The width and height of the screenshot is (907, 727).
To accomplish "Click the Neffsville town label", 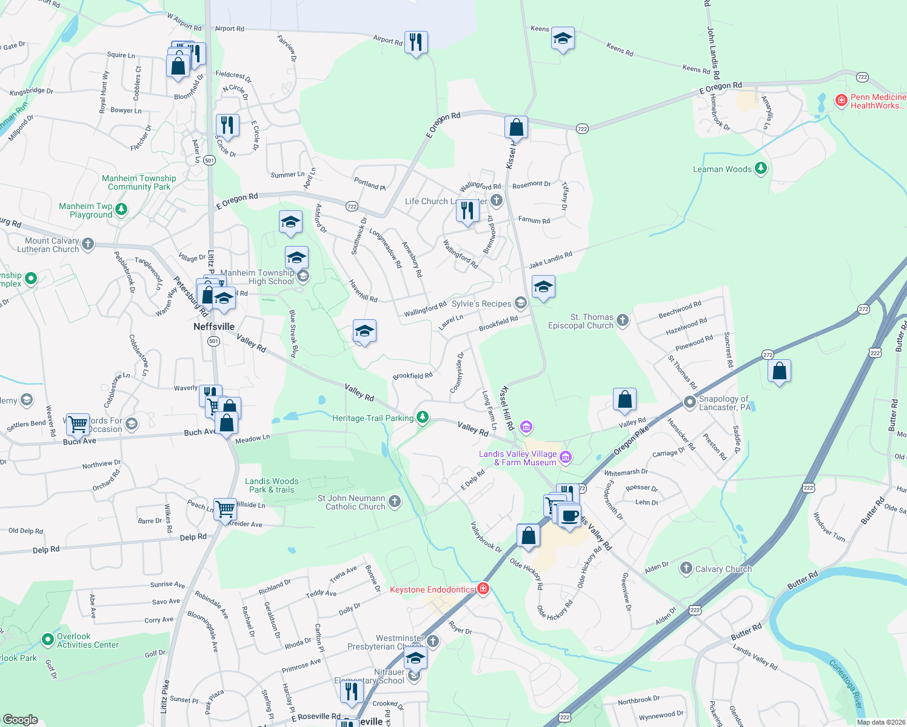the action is point(213,327).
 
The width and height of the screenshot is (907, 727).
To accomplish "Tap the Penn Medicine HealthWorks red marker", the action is point(841,101).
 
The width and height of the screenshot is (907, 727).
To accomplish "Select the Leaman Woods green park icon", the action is point(761,169).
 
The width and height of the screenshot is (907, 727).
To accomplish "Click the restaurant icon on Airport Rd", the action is point(415,42).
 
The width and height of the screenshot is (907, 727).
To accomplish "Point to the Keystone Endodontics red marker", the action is point(483,589).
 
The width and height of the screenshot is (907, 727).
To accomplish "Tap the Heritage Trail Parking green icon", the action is point(423,417).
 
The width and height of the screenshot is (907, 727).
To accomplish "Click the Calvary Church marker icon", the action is point(686,568).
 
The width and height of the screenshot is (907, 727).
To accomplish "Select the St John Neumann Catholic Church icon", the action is point(395,502).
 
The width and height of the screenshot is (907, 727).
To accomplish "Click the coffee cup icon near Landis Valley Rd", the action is point(569,516).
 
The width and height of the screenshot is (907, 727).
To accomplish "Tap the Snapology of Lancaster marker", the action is point(689,402).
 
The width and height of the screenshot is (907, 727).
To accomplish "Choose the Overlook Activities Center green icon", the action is point(48,640).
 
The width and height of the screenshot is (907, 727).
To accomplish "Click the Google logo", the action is point(20,719).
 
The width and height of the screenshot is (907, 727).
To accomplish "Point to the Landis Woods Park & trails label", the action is point(272,485).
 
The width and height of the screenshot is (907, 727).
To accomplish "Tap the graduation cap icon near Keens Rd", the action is point(563,39).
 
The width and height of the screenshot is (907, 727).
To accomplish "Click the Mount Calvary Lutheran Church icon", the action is point(88,244).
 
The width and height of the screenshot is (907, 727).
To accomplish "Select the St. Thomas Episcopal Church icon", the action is point(623,320).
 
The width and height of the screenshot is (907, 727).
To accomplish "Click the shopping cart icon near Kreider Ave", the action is point(225,509).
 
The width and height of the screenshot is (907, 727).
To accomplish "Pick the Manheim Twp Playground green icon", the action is point(121,210).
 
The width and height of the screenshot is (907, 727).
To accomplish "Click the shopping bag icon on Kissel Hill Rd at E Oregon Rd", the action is point(516,128).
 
